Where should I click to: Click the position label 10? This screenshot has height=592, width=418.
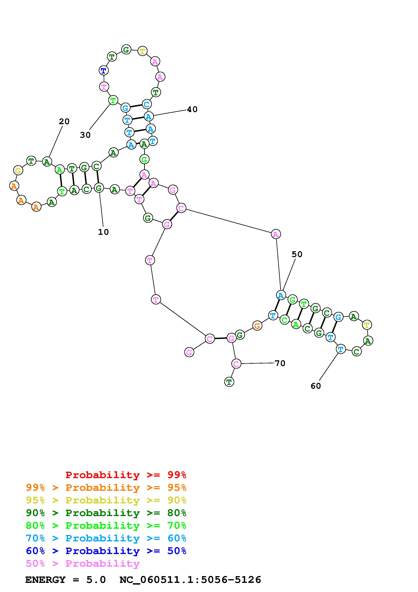coord(103,232)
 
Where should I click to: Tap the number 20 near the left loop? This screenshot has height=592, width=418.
coord(64,122)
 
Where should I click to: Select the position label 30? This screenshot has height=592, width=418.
coord(85,135)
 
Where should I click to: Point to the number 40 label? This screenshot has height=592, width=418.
coord(192,109)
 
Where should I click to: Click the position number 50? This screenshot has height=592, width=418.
coord(297,254)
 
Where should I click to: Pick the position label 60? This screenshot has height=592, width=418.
coord(316,386)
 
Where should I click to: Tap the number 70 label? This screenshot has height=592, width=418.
coord(280,363)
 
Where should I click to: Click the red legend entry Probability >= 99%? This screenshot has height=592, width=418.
coord(126,475)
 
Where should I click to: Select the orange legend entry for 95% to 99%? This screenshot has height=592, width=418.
coord(106,488)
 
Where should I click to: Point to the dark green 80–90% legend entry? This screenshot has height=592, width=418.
coord(106,513)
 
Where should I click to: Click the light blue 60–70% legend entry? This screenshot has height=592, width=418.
coord(106,538)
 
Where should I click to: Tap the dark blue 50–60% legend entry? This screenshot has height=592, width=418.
coord(106,551)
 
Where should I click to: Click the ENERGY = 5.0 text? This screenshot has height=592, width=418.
coord(65,580)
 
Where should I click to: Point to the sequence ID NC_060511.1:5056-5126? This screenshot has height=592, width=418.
coord(190,580)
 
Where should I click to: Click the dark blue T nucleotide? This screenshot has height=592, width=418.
coord(104,70)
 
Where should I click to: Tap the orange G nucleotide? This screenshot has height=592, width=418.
coord(257,326)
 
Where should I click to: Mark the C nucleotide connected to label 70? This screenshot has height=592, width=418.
coord(236,364)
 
